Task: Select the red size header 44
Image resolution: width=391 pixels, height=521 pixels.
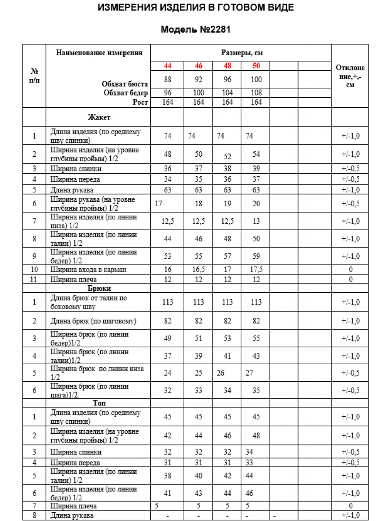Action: (168, 66)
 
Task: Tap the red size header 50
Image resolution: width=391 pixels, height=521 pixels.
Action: (256, 66)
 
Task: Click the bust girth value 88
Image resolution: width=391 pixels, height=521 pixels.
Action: (168, 79)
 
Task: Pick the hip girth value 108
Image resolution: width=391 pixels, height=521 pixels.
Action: (256, 93)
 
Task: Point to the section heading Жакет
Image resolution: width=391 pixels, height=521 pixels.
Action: (99, 117)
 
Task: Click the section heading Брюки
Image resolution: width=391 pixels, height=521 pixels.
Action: (99, 288)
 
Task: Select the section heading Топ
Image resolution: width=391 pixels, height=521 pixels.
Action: (99, 403)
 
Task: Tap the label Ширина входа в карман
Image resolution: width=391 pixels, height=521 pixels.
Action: (88, 270)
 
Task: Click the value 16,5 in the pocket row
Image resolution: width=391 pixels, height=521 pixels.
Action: (199, 270)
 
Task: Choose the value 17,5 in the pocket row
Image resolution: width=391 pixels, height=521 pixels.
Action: (256, 270)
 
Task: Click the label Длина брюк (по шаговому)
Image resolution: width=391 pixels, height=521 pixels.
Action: (93, 321)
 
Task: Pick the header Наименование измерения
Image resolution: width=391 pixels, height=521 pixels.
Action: (99, 53)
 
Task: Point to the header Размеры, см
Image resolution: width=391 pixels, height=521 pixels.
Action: (242, 53)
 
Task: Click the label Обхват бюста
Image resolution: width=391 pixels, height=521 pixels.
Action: (125, 84)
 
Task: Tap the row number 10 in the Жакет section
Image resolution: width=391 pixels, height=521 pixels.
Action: (34, 270)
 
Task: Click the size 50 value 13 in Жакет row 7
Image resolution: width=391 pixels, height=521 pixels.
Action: (256, 221)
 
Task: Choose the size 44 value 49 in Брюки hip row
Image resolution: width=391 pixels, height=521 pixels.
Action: (168, 339)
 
